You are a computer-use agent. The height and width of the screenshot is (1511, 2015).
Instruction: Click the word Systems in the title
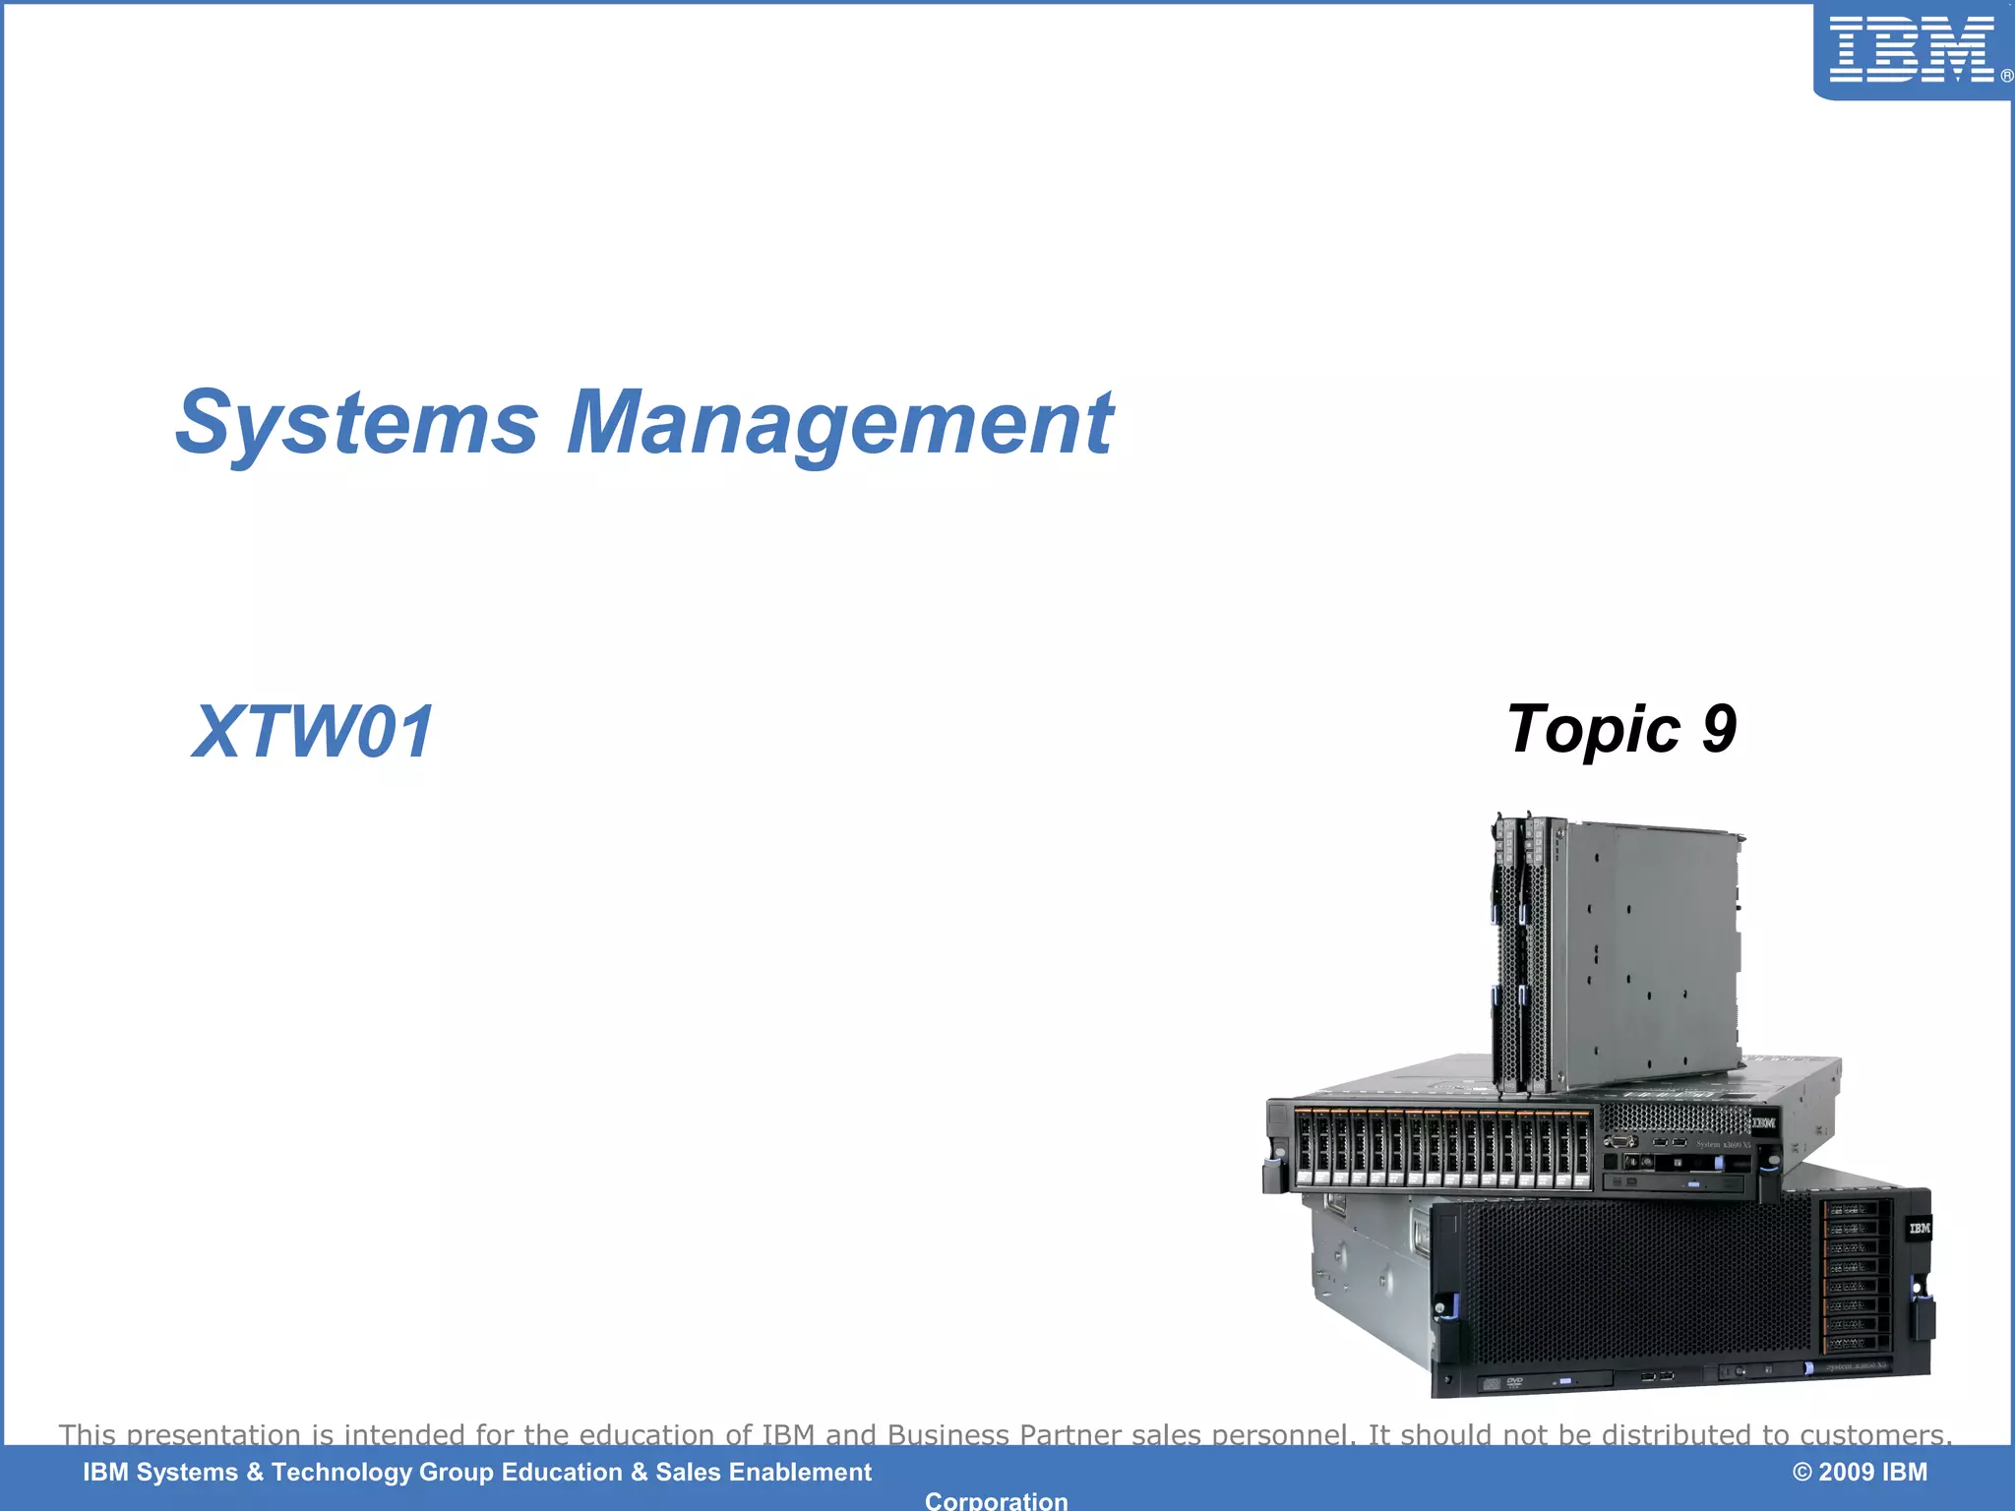click(357, 423)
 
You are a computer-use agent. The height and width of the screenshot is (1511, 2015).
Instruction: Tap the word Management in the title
click(839, 423)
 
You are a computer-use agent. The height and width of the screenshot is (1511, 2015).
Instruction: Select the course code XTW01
click(312, 732)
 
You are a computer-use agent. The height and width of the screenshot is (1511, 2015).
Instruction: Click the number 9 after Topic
click(1719, 729)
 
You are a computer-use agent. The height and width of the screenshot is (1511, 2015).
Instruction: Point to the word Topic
click(1593, 729)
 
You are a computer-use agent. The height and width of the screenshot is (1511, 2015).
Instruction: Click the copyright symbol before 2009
click(1801, 1473)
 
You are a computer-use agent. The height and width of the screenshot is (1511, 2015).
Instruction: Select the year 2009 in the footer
click(1846, 1473)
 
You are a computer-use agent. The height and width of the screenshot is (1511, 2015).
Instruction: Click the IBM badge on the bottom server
click(1919, 1229)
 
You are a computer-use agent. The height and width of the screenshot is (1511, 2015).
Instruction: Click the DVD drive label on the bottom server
click(1514, 1382)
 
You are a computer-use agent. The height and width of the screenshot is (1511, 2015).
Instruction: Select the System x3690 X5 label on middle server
click(1723, 1144)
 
